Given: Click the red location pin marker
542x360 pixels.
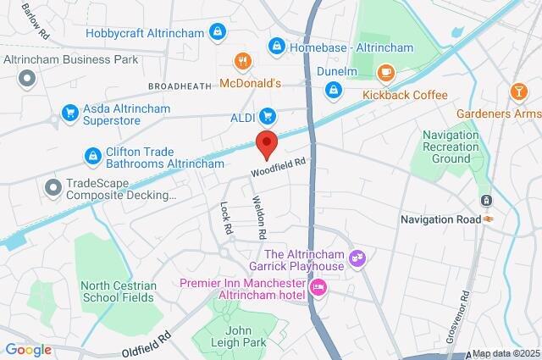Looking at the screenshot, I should (267, 144).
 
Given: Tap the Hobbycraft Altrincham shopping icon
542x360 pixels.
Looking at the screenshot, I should (218, 33).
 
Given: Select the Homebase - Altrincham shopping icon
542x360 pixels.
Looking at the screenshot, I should (275, 46).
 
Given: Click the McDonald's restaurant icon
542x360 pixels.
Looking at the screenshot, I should (242, 61).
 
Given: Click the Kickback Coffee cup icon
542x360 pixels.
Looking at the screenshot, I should (385, 74).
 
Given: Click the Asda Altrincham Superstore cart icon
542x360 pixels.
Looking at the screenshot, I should (69, 113).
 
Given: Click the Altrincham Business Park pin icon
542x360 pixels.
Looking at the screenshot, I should (26, 79).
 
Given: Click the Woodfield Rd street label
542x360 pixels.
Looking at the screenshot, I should (277, 166).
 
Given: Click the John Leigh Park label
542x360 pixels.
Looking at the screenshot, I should (246, 336).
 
